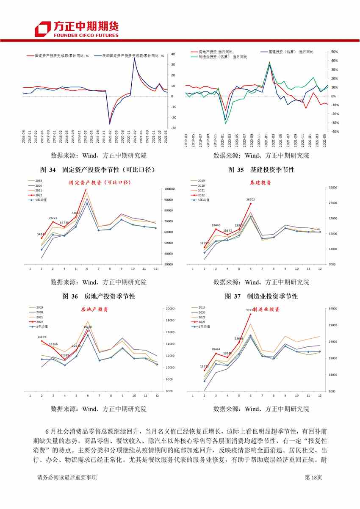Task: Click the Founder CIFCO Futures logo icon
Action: pos(43,29)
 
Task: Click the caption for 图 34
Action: pos(94,170)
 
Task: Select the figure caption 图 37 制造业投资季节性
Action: pos(261,296)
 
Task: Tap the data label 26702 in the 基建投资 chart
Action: pos(251,199)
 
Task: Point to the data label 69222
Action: pos(53,218)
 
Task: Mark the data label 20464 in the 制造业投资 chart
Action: pos(216,349)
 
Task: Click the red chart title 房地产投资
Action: pos(94,310)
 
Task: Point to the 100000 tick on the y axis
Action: pos(170,189)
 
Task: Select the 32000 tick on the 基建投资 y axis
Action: pos(332,187)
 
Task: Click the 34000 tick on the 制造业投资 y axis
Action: pos(332,309)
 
